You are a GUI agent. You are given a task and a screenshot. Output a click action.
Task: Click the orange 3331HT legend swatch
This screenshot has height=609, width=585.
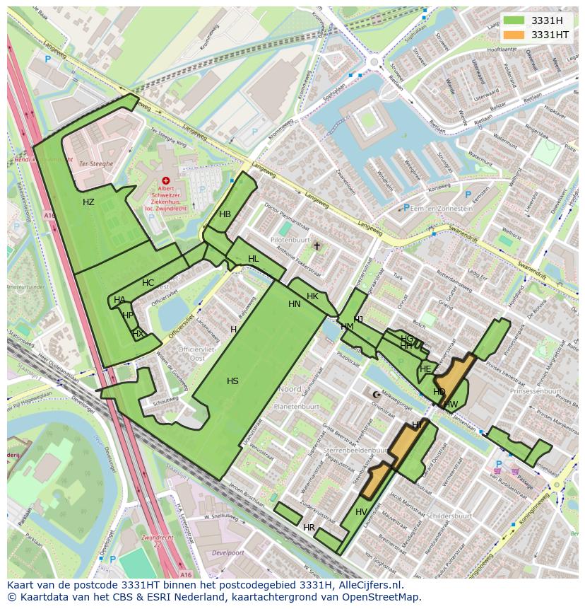(x=514, y=35)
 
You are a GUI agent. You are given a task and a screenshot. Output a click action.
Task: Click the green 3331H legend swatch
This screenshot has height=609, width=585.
(x=514, y=21)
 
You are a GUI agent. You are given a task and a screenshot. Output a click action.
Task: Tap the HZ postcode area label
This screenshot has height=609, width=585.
(x=88, y=202)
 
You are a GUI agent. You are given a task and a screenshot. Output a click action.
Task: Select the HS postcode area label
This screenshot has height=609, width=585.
(x=232, y=381)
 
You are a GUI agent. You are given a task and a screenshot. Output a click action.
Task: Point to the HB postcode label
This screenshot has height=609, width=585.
(x=225, y=214)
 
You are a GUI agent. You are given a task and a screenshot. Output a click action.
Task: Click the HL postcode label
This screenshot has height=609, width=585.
(x=253, y=260)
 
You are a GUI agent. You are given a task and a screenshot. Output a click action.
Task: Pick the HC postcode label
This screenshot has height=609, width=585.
(x=148, y=283)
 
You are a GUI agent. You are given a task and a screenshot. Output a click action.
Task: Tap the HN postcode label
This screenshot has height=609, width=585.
(x=295, y=304)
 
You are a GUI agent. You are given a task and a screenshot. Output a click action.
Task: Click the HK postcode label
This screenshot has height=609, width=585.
(x=312, y=296)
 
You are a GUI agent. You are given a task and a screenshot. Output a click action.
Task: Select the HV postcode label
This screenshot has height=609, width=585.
(x=361, y=512)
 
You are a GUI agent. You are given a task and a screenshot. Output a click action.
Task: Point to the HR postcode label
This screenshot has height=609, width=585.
(x=309, y=528)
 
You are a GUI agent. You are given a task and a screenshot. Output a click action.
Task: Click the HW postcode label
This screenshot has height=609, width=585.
(x=451, y=405)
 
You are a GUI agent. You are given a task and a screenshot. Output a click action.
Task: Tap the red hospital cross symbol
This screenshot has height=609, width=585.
(x=166, y=181)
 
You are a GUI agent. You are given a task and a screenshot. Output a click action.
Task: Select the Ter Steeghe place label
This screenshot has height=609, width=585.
(x=96, y=163)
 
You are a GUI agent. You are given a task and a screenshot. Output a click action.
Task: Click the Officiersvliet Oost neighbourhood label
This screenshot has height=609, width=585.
(x=191, y=354)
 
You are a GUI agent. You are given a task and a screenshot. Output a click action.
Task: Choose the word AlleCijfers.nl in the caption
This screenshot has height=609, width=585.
(x=368, y=585)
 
